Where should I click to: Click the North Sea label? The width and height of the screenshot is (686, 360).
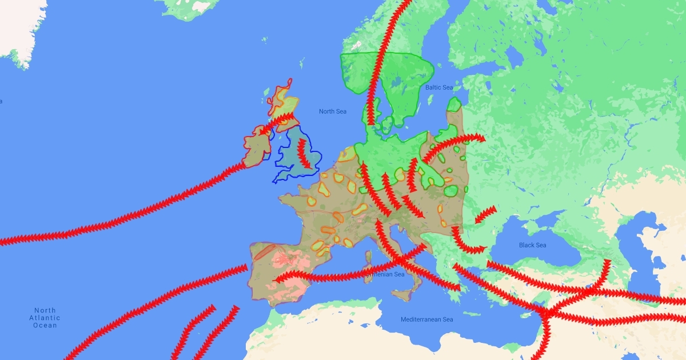pos(333,111)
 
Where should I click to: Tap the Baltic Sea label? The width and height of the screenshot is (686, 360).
pos(439,87)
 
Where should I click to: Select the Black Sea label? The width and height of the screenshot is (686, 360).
pos(532,245)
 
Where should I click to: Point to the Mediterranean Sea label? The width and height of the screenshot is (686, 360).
pos(426,319)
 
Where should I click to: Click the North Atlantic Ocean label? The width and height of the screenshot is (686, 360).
pos(45,318)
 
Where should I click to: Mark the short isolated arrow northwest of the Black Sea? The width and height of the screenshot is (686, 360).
pos(485,214)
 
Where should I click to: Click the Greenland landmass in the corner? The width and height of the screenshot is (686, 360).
pos(17,29)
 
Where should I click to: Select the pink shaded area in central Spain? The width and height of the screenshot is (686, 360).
pos(286,274)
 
